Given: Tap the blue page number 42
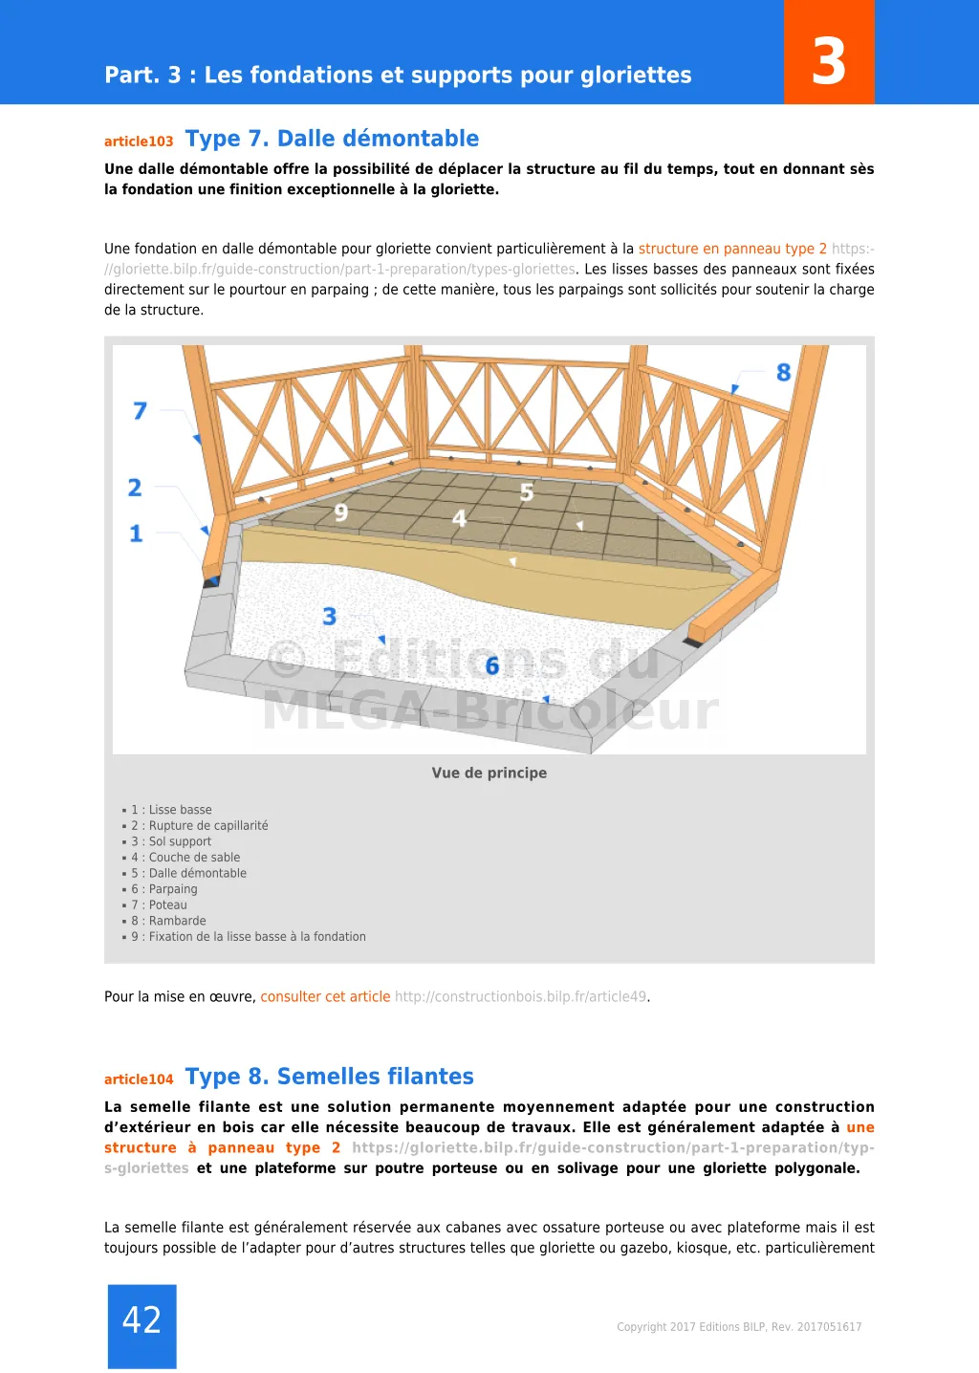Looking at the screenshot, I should pyautogui.click(x=141, y=1320).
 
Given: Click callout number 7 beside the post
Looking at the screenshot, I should pyautogui.click(x=140, y=411).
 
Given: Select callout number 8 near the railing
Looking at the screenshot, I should pyautogui.click(x=783, y=373).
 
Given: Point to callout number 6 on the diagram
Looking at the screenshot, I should pyautogui.click(x=492, y=666).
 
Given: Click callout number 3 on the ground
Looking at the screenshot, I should pyautogui.click(x=330, y=617).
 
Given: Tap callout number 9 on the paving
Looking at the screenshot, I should pyautogui.click(x=341, y=513).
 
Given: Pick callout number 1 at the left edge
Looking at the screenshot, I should pyautogui.click(x=136, y=534).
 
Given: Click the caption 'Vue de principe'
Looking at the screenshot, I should pyautogui.click(x=489, y=773).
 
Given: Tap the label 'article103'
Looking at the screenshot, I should pyautogui.click(x=139, y=142).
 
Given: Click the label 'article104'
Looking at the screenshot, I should pyautogui.click(x=139, y=1079).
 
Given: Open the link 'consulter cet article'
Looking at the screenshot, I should pyautogui.click(x=325, y=996).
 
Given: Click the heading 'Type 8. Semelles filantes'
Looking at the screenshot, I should pyautogui.click(x=329, y=1077).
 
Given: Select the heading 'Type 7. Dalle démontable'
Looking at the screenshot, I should pyautogui.click(x=332, y=139).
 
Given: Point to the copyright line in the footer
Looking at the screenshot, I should pyautogui.click(x=739, y=1327).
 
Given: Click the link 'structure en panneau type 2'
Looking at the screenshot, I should pyautogui.click(x=732, y=249).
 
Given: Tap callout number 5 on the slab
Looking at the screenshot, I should pyautogui.click(x=527, y=493).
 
